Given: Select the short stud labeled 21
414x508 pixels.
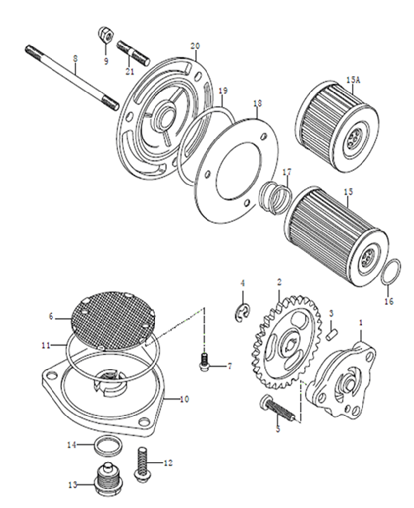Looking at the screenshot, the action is pyautogui.click(x=133, y=52).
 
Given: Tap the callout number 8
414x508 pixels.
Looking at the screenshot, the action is pyautogui.click(x=75, y=58).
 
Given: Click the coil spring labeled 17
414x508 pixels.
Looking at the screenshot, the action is pyautogui.click(x=276, y=197).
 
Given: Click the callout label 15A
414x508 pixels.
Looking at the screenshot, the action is pyautogui.click(x=353, y=80).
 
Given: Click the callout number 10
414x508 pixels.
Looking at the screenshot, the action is pyautogui.click(x=184, y=399).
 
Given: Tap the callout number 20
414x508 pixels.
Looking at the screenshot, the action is pyautogui.click(x=195, y=46).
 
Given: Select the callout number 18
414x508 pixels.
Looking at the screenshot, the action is pyautogui.click(x=258, y=104).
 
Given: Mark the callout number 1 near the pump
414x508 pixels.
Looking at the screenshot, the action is pyautogui.click(x=361, y=323).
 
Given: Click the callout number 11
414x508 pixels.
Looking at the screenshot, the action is pyautogui.click(x=46, y=345).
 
